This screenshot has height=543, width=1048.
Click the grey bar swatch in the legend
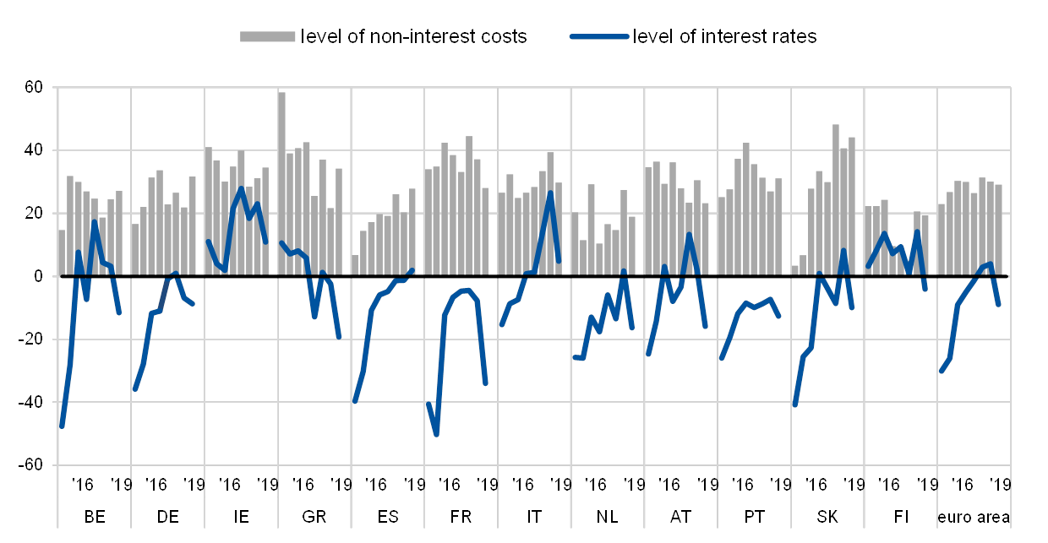(x=267, y=36)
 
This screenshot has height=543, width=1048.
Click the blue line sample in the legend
(x=599, y=36)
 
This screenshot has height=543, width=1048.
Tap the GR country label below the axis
(x=314, y=516)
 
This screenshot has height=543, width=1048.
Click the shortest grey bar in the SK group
(x=794, y=270)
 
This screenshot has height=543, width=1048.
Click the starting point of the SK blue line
(x=794, y=405)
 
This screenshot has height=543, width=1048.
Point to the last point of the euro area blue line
(x=999, y=305)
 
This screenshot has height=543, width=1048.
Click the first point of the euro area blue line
(x=941, y=372)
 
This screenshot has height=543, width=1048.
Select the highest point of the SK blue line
(x=843, y=250)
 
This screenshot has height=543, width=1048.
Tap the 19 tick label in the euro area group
(x=1005, y=484)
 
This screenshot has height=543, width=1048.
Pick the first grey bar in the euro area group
(x=941, y=239)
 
